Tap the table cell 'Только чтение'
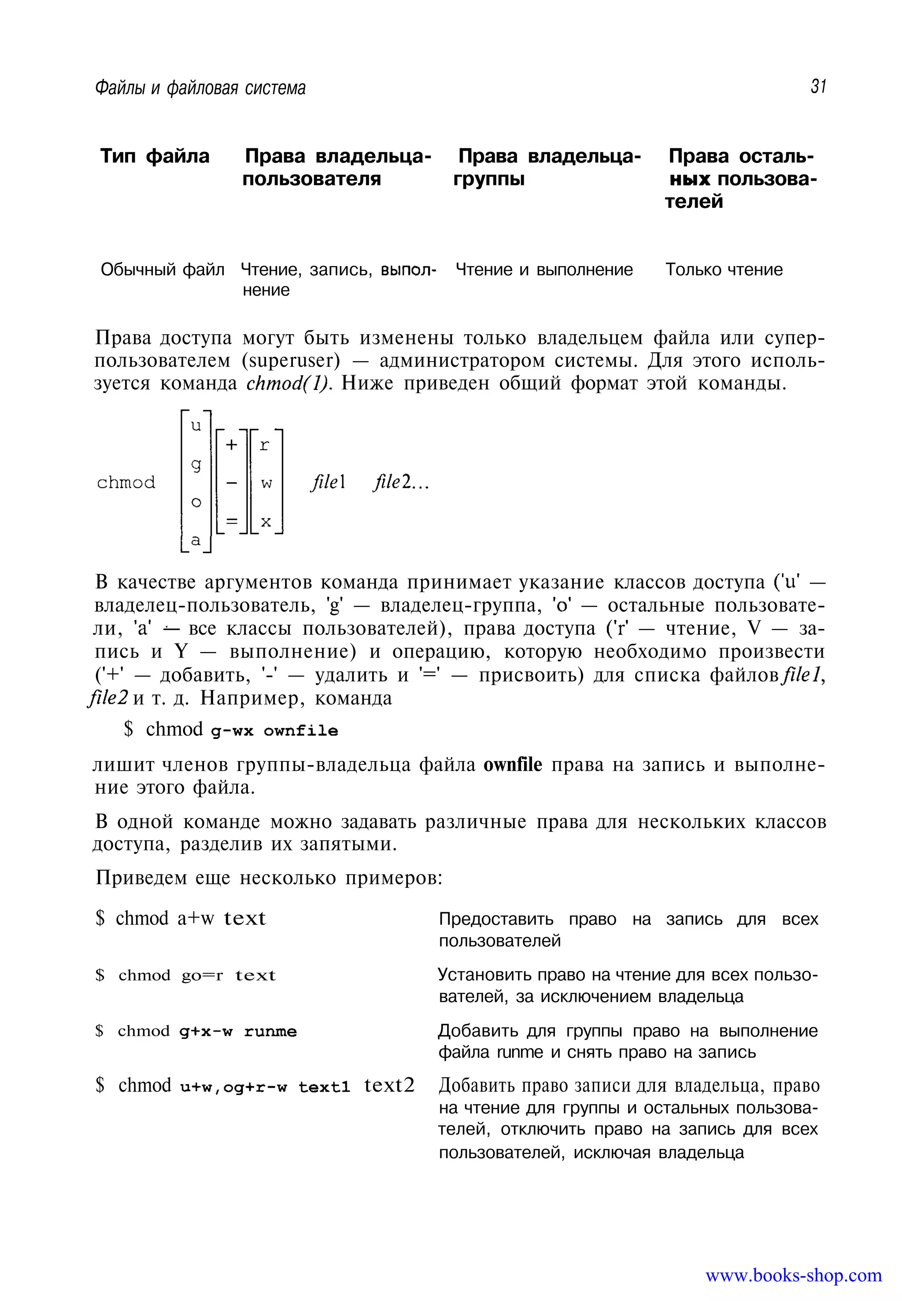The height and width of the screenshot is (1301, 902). pos(724,270)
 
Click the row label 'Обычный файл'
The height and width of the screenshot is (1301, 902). pos(162,270)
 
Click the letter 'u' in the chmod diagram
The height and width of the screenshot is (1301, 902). pos(196,425)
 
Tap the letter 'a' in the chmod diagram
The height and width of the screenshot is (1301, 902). pos(196,540)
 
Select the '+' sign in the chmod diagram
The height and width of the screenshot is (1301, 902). pos(232,445)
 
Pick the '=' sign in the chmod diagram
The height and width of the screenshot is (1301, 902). pos(232,521)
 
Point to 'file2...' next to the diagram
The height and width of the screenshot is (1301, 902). pos(401,482)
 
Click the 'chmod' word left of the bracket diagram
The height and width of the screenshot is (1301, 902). pos(126,482)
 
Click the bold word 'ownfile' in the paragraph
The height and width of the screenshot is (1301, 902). pos(512,765)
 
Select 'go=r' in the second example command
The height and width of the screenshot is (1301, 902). pos(202,976)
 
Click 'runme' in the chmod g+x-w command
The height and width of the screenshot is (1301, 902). pos(270,1031)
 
